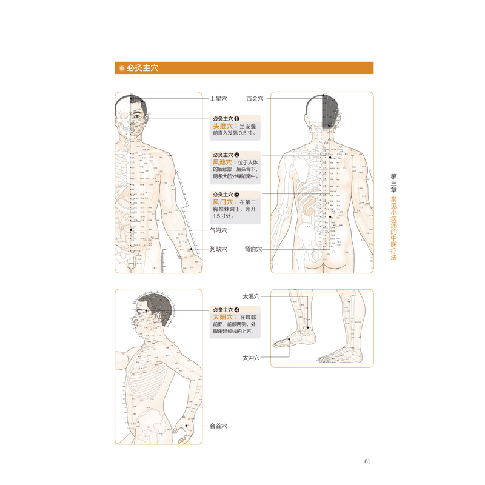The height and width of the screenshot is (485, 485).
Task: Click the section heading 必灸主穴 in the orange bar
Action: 142,69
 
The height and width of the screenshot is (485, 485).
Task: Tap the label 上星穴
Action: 218,98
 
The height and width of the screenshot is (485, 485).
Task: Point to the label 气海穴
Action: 218,230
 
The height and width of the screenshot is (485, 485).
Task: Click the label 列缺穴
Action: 218,249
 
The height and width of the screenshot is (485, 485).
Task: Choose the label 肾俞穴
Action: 253,249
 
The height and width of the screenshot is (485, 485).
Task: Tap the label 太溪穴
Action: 250,296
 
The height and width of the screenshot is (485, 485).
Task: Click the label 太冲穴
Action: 250,358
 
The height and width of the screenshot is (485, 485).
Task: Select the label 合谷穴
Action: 218,426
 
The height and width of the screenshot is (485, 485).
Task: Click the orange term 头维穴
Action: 222,126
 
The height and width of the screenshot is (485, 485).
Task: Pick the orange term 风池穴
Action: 222,162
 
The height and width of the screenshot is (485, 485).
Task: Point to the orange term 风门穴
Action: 222,202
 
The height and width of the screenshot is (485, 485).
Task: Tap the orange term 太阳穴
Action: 222,317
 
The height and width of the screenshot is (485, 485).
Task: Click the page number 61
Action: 367,461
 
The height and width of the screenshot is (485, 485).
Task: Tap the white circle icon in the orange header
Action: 121,69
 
